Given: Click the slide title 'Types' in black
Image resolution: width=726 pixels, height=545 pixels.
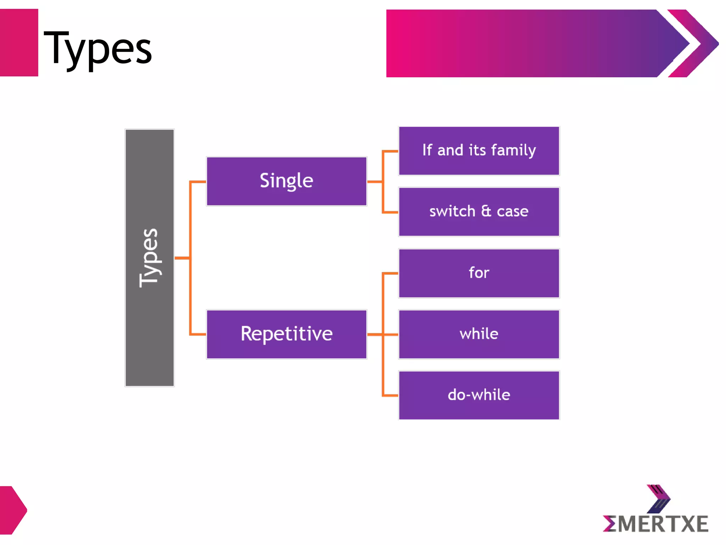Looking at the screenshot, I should [97, 48].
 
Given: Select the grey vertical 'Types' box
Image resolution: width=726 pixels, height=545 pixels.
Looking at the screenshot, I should [150, 258].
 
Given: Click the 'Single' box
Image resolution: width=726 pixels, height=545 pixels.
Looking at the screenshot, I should [286, 181].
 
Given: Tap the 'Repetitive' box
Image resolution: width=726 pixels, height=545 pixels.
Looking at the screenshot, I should [286, 334].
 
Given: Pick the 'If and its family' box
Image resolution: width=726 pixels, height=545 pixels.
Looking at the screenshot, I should [479, 151].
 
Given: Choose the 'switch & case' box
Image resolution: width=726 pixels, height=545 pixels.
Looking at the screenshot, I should [479, 212].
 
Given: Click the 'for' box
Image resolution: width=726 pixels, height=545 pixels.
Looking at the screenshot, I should [479, 273].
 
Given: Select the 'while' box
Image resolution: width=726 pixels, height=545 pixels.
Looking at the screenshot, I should [479, 334].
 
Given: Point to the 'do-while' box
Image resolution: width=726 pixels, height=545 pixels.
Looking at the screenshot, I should [479, 395].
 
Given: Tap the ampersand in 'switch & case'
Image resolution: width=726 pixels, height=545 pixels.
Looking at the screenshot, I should [486, 211].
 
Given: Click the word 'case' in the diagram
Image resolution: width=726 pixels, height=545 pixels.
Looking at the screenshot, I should [513, 212].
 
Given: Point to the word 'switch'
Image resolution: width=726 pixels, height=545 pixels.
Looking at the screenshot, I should [452, 211].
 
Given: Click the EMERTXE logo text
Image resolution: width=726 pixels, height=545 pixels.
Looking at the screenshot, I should [656, 524].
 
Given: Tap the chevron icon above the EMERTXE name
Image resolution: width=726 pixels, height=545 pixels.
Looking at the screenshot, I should [659, 499].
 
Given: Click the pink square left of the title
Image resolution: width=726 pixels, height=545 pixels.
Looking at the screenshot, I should [19, 43].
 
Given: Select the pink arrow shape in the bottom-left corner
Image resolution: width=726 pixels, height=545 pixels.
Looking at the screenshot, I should [13, 510].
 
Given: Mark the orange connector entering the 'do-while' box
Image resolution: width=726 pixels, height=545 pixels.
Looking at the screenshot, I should [390, 395].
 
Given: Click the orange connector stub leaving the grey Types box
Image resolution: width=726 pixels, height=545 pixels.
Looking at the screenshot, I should [182, 258].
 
